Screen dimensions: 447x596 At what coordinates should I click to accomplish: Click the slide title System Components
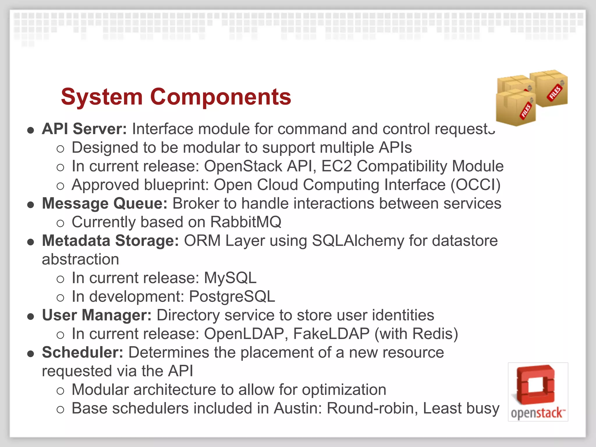(x=176, y=97)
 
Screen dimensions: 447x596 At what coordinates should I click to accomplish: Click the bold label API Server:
(x=84, y=129)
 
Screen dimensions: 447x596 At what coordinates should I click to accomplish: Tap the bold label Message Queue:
(x=105, y=203)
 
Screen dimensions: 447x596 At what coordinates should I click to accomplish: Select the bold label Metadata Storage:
(x=110, y=241)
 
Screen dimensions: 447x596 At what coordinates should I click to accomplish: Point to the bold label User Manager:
(x=97, y=315)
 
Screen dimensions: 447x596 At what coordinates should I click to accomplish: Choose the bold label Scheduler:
(x=83, y=352)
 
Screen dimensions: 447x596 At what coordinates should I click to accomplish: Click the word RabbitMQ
(x=246, y=222)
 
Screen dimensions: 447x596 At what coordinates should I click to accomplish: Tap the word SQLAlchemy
(x=358, y=241)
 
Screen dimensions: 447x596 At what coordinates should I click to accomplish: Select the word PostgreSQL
(x=232, y=297)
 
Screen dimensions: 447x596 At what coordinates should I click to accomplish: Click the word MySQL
(x=230, y=278)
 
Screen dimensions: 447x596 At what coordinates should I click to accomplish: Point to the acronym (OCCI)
(x=476, y=185)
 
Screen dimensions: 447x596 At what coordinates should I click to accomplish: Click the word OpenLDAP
(x=244, y=334)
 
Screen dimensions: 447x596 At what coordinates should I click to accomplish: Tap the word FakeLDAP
(x=331, y=334)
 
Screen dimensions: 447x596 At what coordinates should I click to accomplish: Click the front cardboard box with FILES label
(x=516, y=109)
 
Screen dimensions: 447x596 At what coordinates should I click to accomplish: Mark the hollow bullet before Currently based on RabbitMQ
(x=60, y=223)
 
